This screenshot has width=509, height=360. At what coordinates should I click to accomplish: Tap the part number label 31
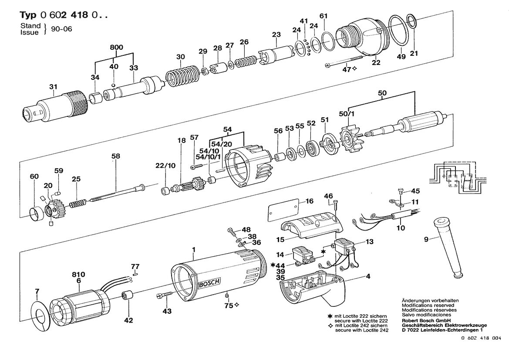(x=53, y=87)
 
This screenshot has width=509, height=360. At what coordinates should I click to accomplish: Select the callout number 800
(x=116, y=48)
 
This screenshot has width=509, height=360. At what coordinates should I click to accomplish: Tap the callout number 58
(x=115, y=156)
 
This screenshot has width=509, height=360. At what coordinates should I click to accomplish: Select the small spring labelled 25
(x=77, y=204)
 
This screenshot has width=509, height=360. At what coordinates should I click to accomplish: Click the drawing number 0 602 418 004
(x=481, y=338)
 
